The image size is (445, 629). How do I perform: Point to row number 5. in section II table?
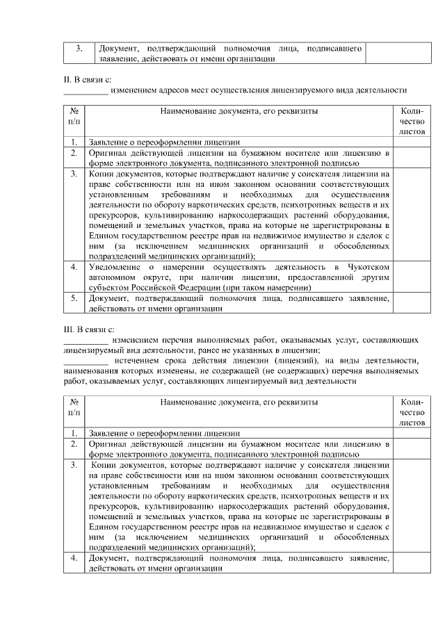point(74,297)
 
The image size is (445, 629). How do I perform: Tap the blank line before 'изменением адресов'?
point(86,91)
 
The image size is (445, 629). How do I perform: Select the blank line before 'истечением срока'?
point(86,360)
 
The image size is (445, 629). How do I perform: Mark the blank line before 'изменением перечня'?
point(86,340)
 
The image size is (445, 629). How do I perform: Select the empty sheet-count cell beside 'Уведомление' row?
point(412,277)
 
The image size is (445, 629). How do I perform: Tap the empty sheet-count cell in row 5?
point(412,302)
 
